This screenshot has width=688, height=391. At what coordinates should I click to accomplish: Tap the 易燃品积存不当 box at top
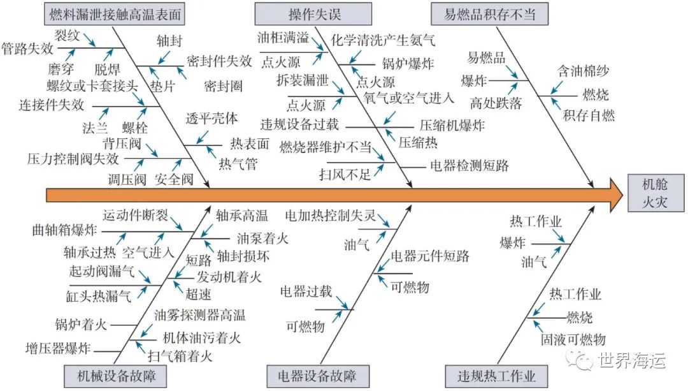coord(489,13)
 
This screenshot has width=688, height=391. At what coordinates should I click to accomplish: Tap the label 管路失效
coord(27,48)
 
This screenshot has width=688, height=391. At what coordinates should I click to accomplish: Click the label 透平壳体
coord(211,118)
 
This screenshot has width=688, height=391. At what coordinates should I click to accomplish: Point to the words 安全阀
coord(174,179)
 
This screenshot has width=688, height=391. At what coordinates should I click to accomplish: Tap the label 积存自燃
coord(589,115)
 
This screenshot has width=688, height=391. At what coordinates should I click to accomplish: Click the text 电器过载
coord(306,292)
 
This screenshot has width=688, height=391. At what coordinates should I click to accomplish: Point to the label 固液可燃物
coord(573,339)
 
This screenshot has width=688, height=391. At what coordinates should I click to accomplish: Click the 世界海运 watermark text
coord(631,361)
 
